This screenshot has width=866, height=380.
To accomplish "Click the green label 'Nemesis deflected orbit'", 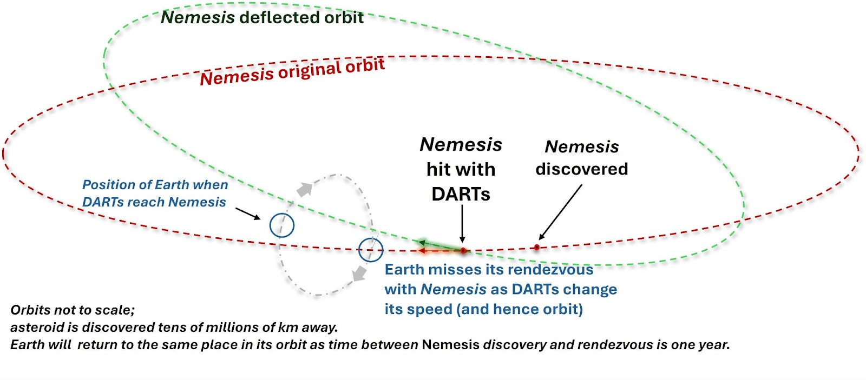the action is tap(262, 17).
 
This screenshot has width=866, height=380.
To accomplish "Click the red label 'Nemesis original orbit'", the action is tap(292, 71).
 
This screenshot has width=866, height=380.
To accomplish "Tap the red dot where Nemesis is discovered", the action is tap(536, 248).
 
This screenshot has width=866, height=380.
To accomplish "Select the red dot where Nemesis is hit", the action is tap(463, 251).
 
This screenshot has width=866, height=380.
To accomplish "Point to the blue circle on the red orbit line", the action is tap(371, 250).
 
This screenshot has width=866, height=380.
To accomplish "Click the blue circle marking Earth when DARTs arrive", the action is tap(282, 225).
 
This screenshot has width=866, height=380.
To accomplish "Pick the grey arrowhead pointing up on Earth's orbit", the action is tap(305, 189).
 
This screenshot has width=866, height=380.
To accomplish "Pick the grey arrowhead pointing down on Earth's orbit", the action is tap(358, 274).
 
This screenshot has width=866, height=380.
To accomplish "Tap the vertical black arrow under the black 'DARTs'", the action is tap(462, 224).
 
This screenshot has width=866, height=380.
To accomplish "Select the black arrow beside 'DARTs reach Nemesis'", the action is tap(248, 214).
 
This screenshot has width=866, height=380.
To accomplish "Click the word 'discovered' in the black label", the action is tap(582, 169).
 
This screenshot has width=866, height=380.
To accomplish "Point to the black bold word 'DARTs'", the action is tap(461, 194).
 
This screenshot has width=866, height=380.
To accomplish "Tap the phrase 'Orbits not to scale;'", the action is tap(73, 310).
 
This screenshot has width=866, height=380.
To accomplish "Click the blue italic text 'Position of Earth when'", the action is tap(155, 185).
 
